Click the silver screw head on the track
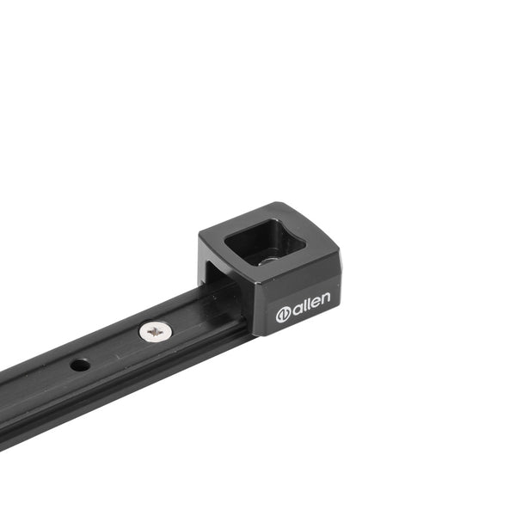156,332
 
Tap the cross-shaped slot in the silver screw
156,332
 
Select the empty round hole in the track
80,365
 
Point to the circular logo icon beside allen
283,315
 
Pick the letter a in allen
297,309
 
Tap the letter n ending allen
325,298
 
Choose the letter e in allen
315,302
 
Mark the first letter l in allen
304,304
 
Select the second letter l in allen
308,303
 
